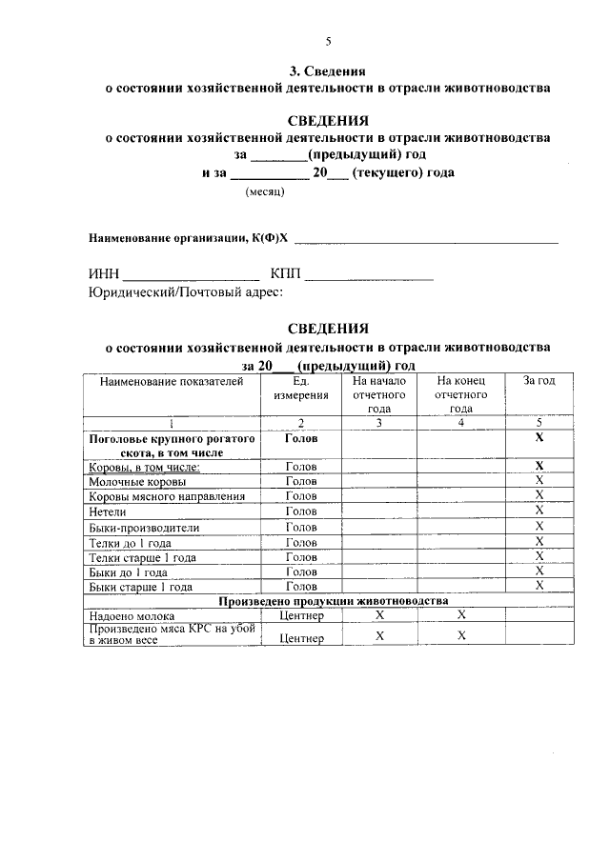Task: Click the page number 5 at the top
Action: click(x=327, y=41)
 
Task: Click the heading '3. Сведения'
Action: click(x=327, y=71)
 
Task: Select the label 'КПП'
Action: click(x=285, y=275)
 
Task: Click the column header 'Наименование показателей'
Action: click(x=172, y=381)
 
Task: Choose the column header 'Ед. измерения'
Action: click(x=301, y=388)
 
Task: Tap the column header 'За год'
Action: click(x=539, y=381)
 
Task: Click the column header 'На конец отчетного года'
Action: click(x=461, y=394)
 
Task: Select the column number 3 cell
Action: click(x=378, y=423)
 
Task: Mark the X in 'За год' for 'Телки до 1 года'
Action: click(x=539, y=542)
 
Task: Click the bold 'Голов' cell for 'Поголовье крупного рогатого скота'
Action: click(x=301, y=439)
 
